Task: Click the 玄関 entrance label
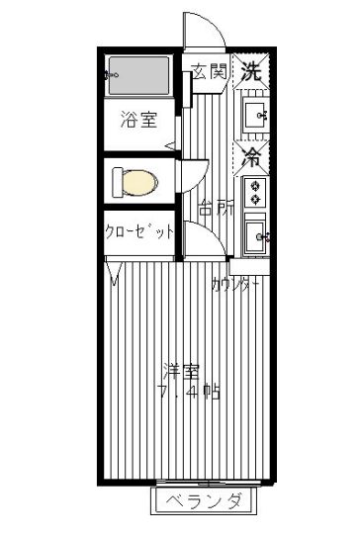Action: click(210, 71)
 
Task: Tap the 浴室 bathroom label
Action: click(138, 120)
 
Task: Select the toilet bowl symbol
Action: click(135, 183)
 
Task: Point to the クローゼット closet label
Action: click(139, 231)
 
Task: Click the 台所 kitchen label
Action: click(217, 207)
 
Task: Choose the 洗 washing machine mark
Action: click(251, 71)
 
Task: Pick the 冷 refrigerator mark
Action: click(251, 157)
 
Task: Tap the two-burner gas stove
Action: click(255, 192)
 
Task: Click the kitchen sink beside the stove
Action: click(255, 234)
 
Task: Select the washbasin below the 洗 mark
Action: click(255, 115)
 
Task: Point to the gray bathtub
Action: click(138, 75)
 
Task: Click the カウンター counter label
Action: click(235, 284)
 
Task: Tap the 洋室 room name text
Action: click(181, 371)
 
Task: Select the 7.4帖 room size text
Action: click(189, 392)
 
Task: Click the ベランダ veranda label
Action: click(204, 500)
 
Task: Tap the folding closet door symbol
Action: click(114, 274)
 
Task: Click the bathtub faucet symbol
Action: click(112, 74)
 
